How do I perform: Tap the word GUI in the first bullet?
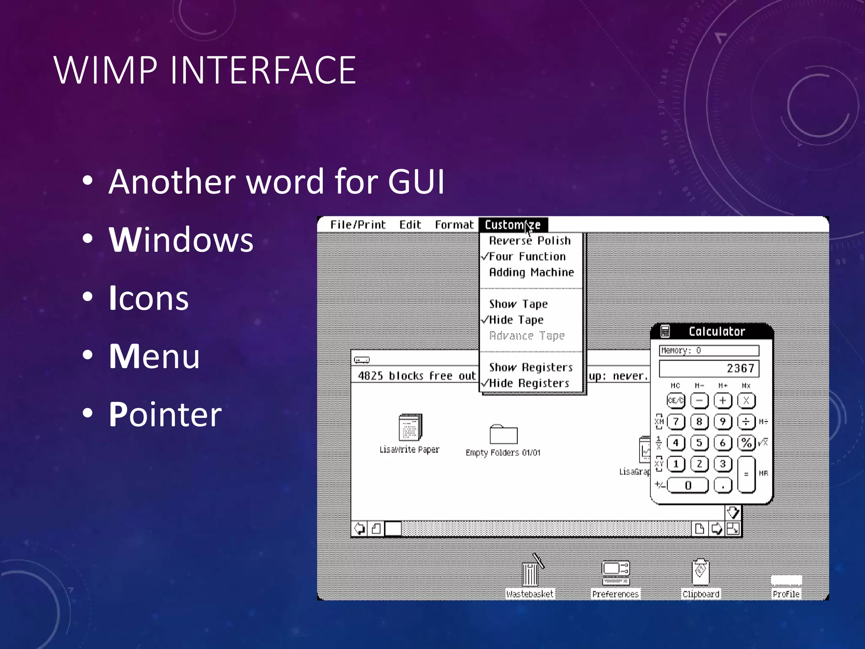point(416,182)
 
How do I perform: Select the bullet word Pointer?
point(165,414)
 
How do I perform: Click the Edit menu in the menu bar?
point(410,225)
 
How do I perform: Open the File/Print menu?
point(358,225)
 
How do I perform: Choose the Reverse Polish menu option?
point(530,241)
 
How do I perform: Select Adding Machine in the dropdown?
point(531,273)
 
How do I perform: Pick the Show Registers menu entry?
point(531,368)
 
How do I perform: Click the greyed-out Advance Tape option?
point(527,336)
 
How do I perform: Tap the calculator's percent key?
point(746,443)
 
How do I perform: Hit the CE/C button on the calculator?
point(676,401)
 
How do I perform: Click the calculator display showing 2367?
point(709,368)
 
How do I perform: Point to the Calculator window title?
point(717,332)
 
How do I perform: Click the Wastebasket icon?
point(530,572)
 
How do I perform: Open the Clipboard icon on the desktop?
point(701,573)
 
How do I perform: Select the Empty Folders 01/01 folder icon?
point(503,435)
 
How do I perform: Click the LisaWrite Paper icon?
point(410,428)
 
